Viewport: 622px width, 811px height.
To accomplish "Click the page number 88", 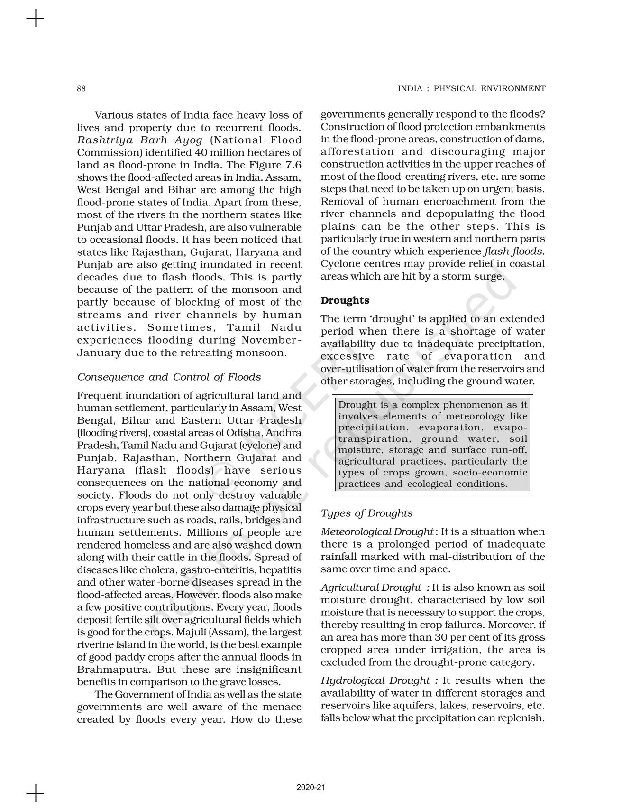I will pos(81,89).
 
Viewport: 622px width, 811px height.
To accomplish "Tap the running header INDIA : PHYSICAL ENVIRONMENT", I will pos(471,89).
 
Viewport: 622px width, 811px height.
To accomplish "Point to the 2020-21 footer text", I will pos(311,787).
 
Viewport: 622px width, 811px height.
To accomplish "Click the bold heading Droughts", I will pos(345,300).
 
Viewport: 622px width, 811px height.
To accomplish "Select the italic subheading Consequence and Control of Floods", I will pos(169,377).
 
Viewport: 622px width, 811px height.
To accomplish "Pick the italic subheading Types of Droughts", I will pos(366,513).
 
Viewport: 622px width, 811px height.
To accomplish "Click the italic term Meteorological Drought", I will pos(377,532).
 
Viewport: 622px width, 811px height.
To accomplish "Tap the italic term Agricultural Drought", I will pos(371,588).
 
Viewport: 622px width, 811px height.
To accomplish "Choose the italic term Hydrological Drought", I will pos(375,681).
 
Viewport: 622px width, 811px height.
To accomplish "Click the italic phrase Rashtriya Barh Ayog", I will pos(140,140).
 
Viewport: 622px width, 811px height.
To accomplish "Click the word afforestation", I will pos(357,152).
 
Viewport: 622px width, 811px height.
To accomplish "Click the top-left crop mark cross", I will pos(35,19).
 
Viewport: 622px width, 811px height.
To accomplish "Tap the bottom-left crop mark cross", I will pos(35,793).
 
